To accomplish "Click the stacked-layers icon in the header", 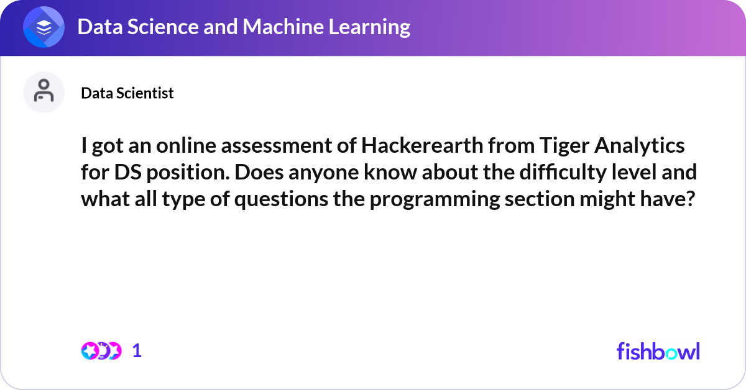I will [x=44, y=27].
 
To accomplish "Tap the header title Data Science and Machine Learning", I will [x=244, y=27].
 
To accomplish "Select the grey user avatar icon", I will [x=44, y=92].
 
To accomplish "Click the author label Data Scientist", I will [x=127, y=93].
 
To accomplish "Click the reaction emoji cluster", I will [x=101, y=351].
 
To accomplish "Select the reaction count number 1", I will [x=137, y=351].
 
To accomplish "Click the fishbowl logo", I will [x=658, y=351].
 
